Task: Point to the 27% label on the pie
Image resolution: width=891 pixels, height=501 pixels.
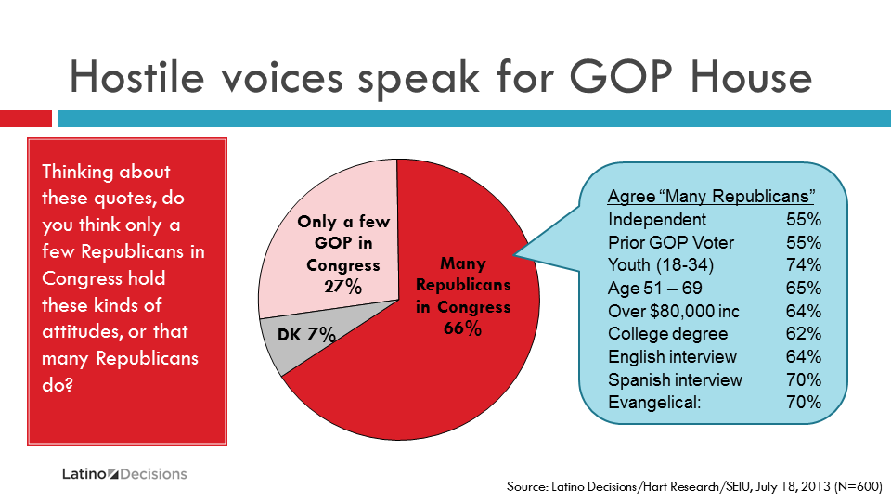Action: pos(342,286)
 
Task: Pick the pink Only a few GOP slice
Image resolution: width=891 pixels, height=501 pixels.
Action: pos(334,232)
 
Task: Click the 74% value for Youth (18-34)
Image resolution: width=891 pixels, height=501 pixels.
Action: pos(804,265)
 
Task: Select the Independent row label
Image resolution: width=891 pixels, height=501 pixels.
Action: pos(657,220)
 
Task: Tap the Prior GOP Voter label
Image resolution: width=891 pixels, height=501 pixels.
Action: pos(671,243)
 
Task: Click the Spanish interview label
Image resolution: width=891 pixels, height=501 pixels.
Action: pos(675,380)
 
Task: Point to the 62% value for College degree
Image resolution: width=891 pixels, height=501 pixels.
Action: pos(804,334)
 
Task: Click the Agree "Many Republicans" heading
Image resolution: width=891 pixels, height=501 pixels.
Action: pos(711,197)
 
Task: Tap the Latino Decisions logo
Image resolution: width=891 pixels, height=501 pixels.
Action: pos(124,474)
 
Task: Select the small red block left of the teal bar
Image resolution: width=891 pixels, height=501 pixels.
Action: pos(26,119)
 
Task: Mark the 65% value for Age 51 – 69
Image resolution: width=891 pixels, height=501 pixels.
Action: pos(804,289)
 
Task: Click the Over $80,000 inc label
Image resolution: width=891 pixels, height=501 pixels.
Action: pos(674,312)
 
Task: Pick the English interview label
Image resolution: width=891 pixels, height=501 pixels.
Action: pos(672,357)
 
